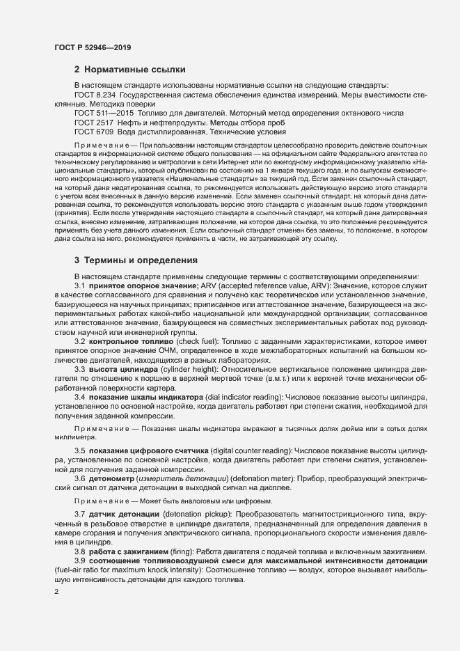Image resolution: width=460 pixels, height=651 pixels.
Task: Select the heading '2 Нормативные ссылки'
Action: coord(129,70)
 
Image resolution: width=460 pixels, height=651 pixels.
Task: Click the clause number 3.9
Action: coord(80,560)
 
